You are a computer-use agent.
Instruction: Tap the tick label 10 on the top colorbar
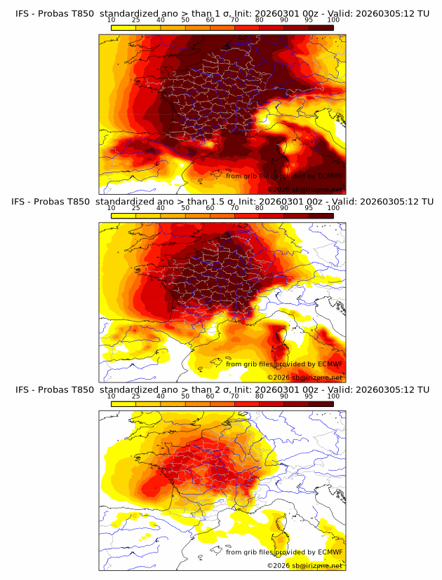tap(112, 20)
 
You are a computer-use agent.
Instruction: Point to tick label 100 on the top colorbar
tap(333, 20)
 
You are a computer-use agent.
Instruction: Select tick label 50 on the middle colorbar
tap(185, 208)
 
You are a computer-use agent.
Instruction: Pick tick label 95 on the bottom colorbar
tap(309, 396)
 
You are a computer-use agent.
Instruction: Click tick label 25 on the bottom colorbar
tap(136, 396)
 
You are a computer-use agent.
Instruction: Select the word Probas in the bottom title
tap(56, 389)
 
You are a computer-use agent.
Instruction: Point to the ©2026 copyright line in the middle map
tap(304, 377)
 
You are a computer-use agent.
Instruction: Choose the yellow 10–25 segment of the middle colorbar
tap(123, 216)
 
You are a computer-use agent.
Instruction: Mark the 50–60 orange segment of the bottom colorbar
tap(198, 403)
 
